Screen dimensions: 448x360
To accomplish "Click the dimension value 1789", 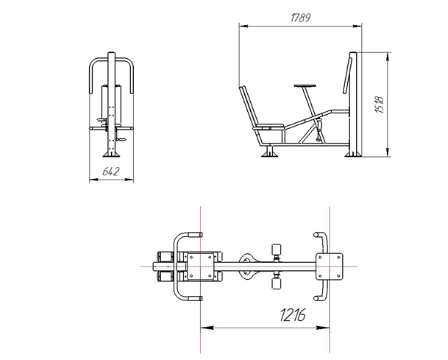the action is [x=301, y=18].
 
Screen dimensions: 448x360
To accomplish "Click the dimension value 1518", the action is [x=380, y=105].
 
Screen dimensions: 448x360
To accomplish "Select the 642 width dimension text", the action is [x=111, y=172].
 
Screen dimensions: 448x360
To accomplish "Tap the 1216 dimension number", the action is [x=293, y=315].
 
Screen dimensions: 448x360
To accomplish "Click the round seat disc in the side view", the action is [x=305, y=86].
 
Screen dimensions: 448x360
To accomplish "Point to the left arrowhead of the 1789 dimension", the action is [x=243, y=26].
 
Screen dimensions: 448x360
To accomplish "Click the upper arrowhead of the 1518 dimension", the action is [x=388, y=57].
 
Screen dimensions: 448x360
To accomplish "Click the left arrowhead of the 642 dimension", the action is [x=93, y=180].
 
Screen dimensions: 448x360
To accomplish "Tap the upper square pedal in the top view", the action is [x=277, y=250].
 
